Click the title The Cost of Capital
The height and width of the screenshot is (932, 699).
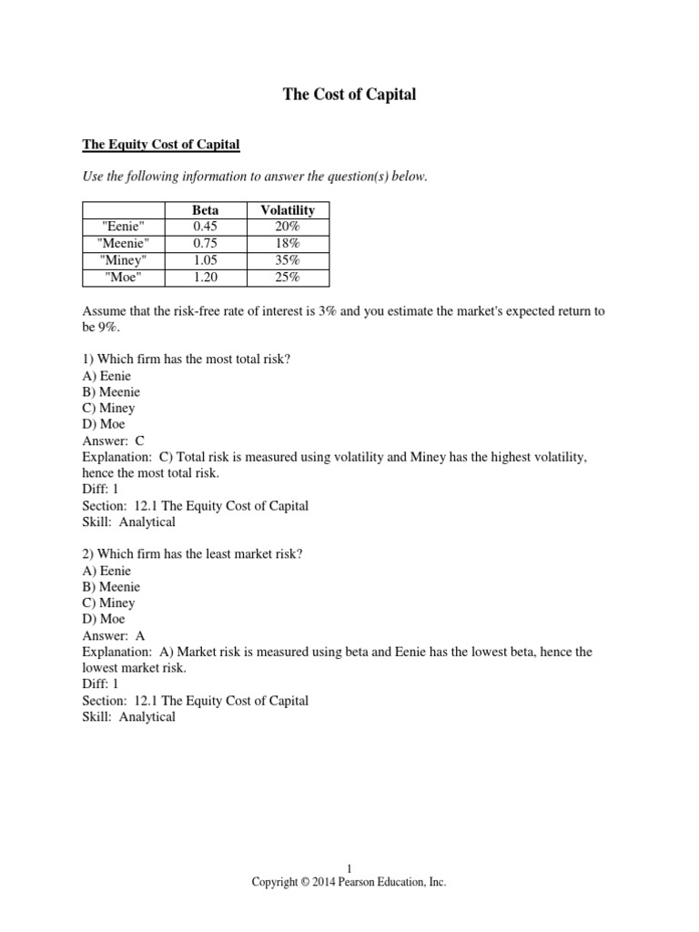coord(349,95)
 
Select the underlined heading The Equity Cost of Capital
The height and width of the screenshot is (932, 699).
coord(161,144)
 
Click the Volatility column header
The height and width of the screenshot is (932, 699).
coord(288,210)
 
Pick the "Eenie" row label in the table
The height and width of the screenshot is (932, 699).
coord(123,227)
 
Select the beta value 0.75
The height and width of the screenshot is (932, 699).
coord(205,244)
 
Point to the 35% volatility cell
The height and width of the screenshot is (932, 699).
coord(288,260)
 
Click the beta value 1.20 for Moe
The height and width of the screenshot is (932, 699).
coord(205,277)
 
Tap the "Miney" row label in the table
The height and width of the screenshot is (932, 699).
coord(123,260)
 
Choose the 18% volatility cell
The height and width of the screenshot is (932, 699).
coord(288,244)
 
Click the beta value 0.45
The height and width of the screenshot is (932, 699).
coord(205,227)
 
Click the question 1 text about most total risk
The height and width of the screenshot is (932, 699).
coord(187,360)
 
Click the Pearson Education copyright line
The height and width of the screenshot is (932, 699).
coord(349,882)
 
